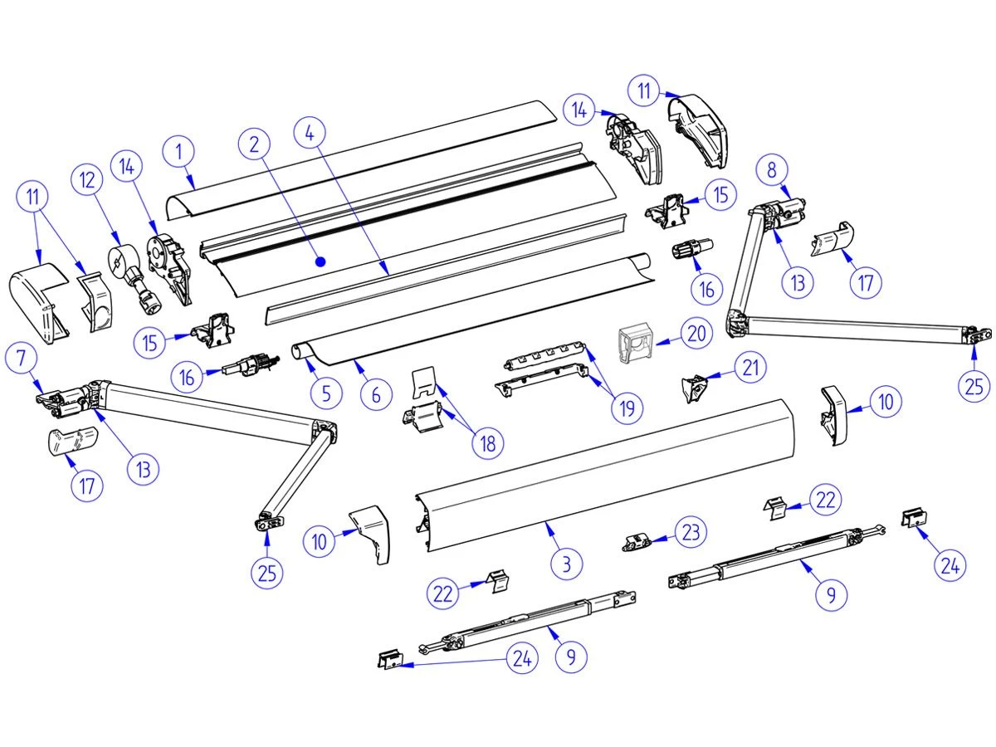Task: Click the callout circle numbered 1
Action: coord(181,153)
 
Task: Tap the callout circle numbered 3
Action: coord(568,564)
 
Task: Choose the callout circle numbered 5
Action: coord(325,393)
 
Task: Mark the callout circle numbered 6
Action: coord(376,396)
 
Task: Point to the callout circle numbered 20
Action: coord(696,333)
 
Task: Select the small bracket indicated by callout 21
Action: coord(694,387)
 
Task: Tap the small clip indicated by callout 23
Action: coord(636,543)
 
